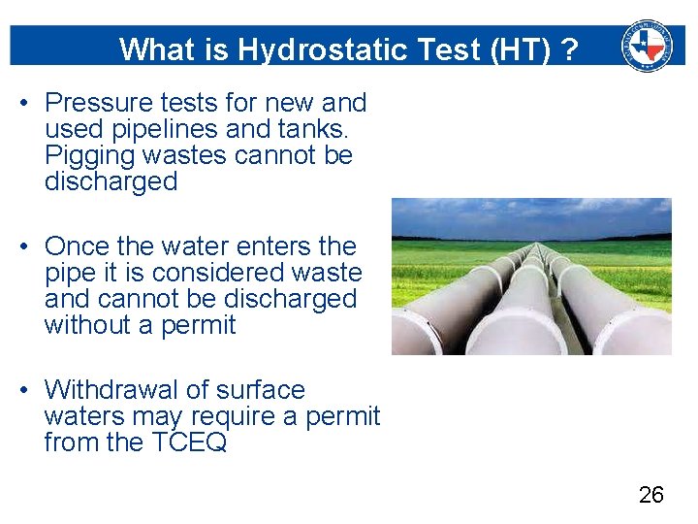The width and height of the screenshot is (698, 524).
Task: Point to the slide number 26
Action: point(651,495)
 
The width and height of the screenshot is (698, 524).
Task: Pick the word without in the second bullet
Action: point(86,325)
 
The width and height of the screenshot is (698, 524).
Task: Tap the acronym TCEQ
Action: point(189,442)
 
